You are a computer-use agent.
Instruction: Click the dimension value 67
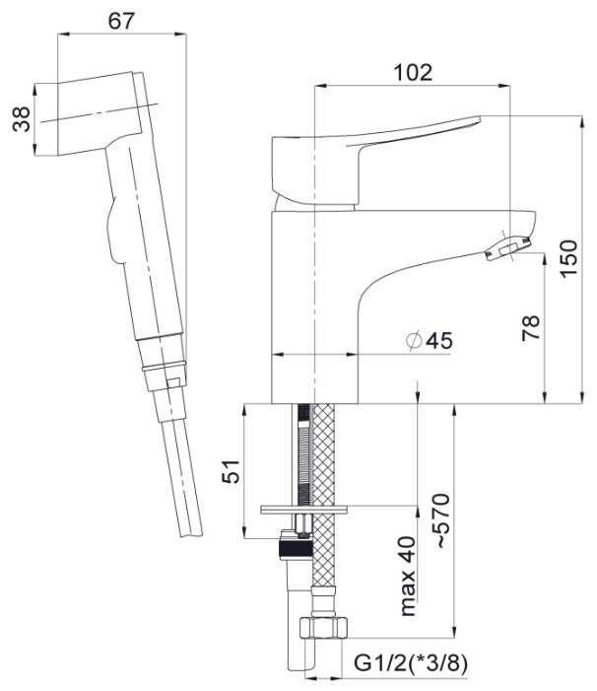click(x=121, y=21)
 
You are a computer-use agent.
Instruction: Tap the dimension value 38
click(x=22, y=119)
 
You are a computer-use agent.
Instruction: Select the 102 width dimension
click(x=413, y=73)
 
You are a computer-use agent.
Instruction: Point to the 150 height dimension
click(x=568, y=258)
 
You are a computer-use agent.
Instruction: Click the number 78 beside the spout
click(x=531, y=328)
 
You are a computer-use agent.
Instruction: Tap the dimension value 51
click(x=232, y=471)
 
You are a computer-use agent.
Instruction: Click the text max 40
click(x=408, y=576)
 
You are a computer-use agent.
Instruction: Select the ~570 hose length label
click(x=443, y=520)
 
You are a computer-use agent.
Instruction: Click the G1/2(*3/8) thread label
click(x=411, y=663)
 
